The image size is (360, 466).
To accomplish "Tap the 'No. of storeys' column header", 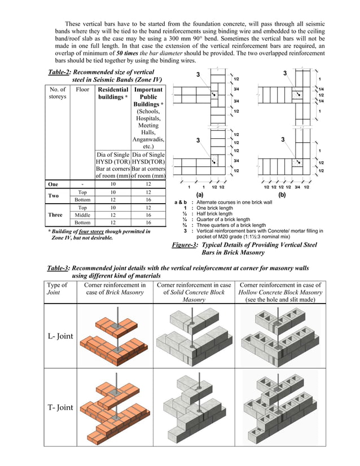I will coord(58,93).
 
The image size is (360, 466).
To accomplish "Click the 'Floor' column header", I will coord(82,89).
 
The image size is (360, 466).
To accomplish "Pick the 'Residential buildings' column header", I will coord(112,93).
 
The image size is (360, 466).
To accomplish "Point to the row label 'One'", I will coord(54,184).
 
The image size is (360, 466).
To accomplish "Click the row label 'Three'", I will coord(55,215).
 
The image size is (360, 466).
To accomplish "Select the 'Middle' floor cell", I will coord(82,215).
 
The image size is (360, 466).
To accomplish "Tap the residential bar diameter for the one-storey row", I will coord(113,184).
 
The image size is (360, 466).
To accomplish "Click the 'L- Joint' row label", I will coord(60,336).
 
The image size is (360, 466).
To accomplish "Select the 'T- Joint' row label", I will coord(60,407).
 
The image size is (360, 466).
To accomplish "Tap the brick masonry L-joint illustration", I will coord(115,336).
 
